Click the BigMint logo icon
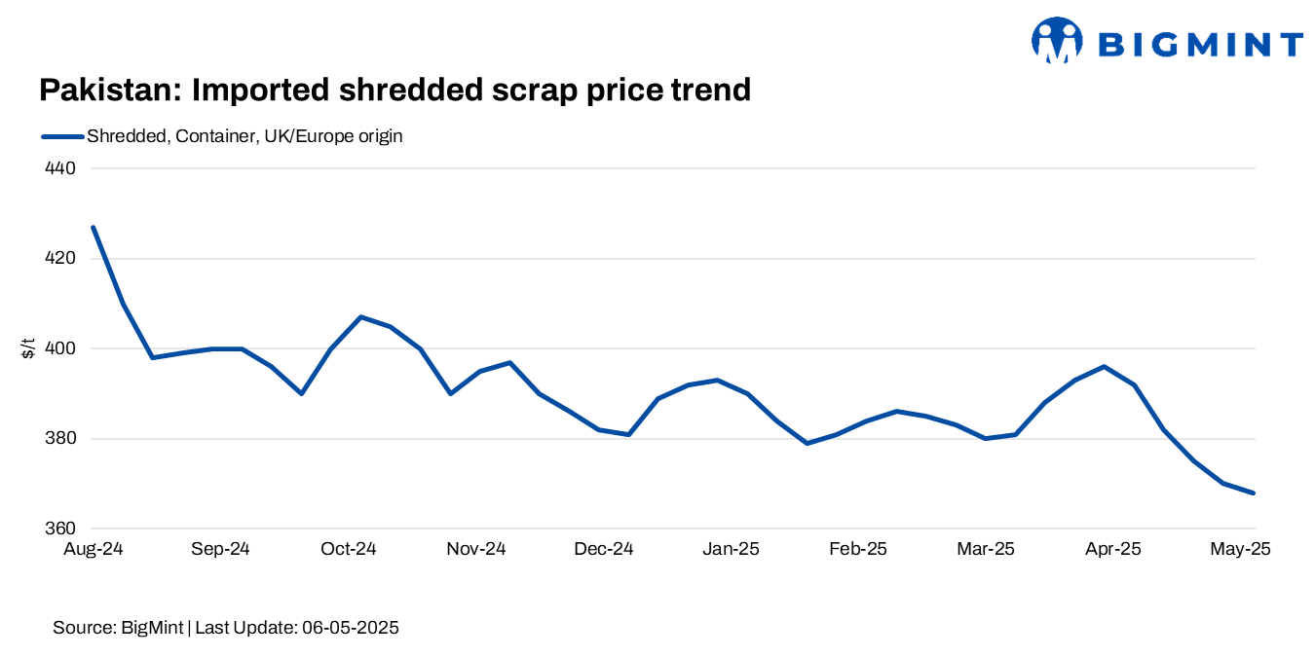click(1057, 41)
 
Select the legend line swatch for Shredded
click(62, 136)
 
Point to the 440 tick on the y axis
click(62, 168)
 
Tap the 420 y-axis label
click(62, 259)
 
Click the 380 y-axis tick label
click(62, 439)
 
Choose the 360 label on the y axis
click(62, 529)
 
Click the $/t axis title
click(28, 348)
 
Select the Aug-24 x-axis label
click(93, 550)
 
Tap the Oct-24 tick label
click(348, 550)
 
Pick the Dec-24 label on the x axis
click(604, 550)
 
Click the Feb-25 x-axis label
click(858, 550)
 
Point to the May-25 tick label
click(1240, 550)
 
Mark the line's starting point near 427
click(94, 227)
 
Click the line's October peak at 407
click(360, 316)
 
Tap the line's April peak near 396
click(1104, 366)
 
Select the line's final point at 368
click(1254, 493)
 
